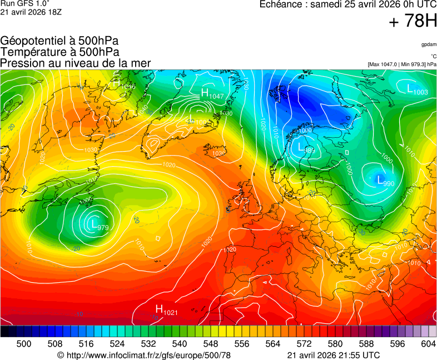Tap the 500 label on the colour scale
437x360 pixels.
[24, 344]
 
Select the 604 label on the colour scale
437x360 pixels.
[428, 344]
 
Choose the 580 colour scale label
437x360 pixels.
[335, 344]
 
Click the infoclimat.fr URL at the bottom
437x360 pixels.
[143, 355]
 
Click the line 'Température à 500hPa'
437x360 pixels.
[59, 52]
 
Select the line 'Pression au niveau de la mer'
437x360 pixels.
[76, 63]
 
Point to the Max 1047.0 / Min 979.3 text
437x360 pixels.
[401, 64]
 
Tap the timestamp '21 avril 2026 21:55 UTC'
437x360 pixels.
[334, 355]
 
